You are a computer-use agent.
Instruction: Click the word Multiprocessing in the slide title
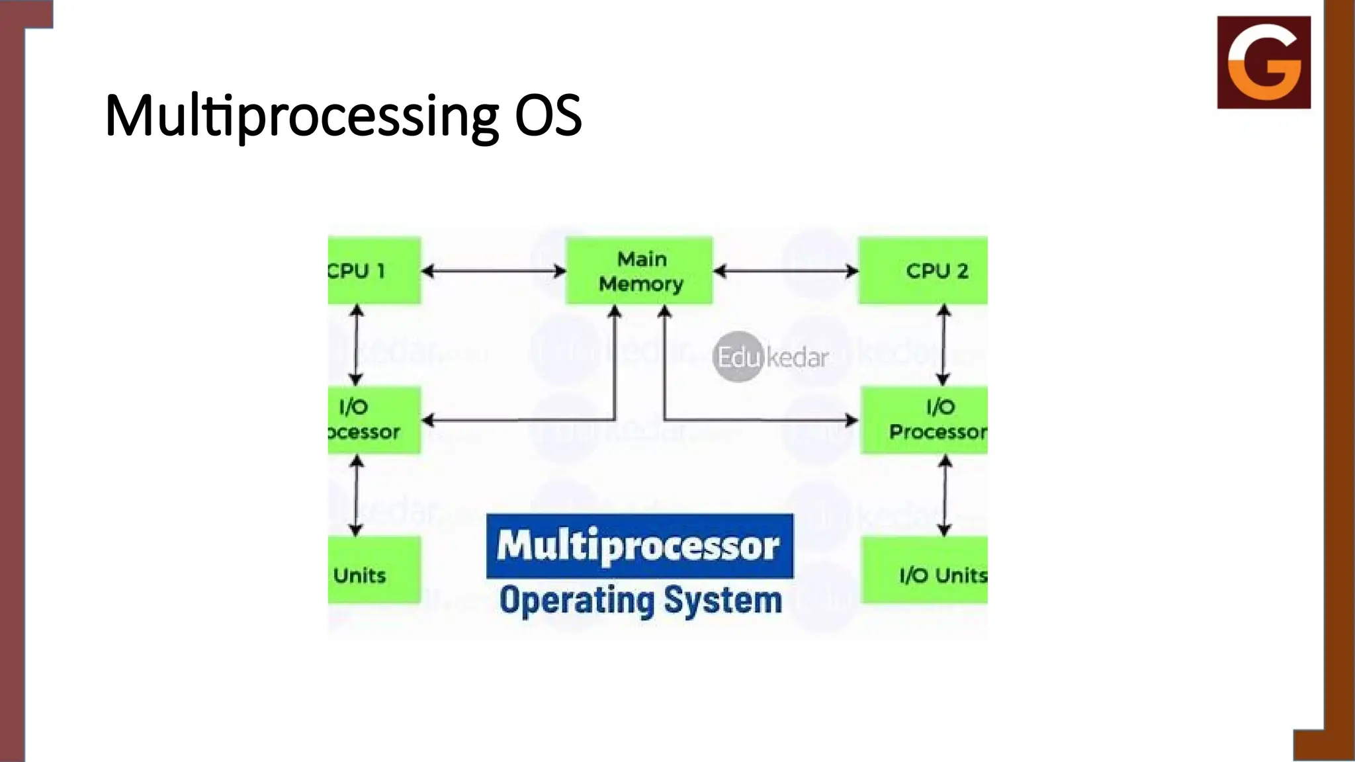[301, 116]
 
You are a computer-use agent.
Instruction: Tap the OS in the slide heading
[548, 116]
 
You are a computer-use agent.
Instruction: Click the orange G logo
[1264, 62]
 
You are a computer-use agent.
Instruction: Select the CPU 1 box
[374, 271]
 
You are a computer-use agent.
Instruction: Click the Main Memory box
[639, 271]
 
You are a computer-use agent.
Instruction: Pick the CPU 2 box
[924, 271]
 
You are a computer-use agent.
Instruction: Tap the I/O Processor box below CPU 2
[925, 420]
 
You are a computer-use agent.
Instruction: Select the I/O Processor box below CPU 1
[374, 420]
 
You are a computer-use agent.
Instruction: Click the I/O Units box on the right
[925, 570]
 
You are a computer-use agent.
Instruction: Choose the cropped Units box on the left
[374, 570]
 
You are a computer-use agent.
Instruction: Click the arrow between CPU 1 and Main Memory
[494, 271]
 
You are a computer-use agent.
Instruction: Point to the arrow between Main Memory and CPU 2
[786, 271]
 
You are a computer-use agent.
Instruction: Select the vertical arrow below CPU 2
[944, 345]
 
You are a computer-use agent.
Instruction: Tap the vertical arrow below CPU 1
[356, 345]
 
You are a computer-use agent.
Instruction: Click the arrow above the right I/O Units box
[945, 495]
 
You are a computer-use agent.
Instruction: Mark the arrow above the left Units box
[356, 495]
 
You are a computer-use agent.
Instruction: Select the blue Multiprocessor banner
[639, 546]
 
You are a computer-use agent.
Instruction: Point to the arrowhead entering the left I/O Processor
[428, 420]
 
